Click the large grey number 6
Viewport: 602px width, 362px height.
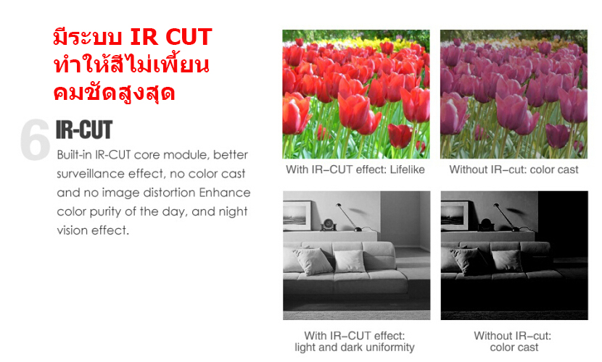(x=35, y=139)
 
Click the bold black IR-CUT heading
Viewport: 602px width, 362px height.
(x=84, y=130)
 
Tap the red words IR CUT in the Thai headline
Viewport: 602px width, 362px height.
(x=171, y=37)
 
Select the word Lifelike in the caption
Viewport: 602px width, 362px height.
(x=408, y=169)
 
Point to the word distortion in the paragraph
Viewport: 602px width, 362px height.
(x=168, y=193)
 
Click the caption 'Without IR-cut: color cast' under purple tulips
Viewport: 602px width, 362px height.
(x=514, y=169)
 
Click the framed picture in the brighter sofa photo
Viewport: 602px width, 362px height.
(x=297, y=215)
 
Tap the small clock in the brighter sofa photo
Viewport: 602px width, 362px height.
(x=329, y=224)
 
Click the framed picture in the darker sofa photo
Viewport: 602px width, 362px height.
(x=455, y=215)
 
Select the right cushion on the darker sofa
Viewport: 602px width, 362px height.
(x=507, y=261)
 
